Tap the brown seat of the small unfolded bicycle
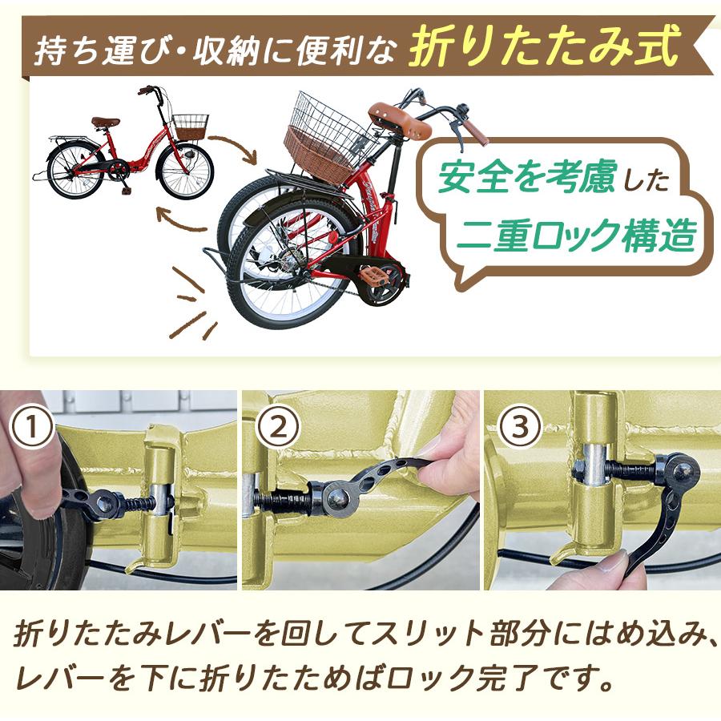click(x=105, y=123)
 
